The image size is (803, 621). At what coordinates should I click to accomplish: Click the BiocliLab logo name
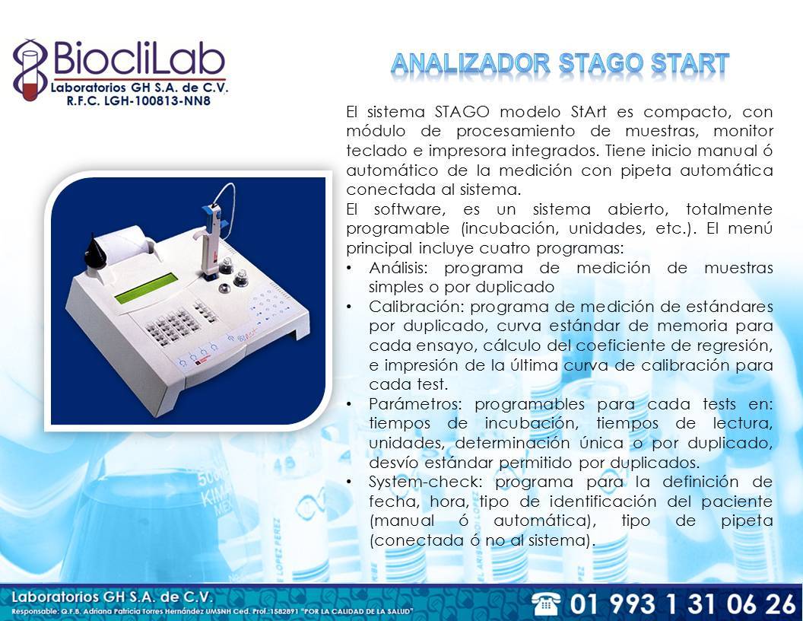pos(139,59)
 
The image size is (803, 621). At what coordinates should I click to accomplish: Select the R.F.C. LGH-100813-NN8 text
pos(138,100)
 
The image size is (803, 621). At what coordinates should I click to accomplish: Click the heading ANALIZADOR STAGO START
pos(560,64)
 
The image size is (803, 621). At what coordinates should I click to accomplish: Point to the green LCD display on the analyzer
pos(146,288)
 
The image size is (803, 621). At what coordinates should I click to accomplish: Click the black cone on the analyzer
pos(94,251)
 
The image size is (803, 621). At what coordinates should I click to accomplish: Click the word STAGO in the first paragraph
pos(462,112)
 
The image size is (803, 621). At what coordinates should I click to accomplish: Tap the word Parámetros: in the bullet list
pos(415,404)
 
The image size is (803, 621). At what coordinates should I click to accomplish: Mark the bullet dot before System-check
pos(349,482)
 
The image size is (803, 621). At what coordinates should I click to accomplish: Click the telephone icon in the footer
pos(546,603)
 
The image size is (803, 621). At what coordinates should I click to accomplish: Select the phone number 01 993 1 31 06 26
pos(683,603)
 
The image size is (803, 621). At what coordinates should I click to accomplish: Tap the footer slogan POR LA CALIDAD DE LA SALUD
pos(357,611)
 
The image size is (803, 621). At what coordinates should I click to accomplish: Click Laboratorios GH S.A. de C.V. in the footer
pos(111,597)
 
